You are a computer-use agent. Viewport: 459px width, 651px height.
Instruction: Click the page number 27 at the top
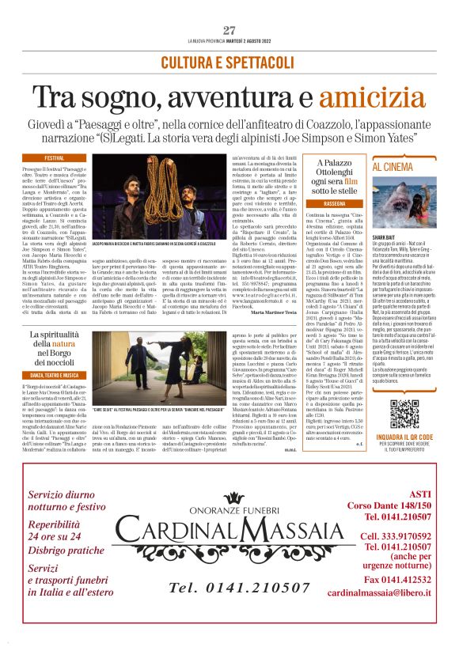point(229,30)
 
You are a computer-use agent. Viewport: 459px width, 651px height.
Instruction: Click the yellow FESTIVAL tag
point(55,158)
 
